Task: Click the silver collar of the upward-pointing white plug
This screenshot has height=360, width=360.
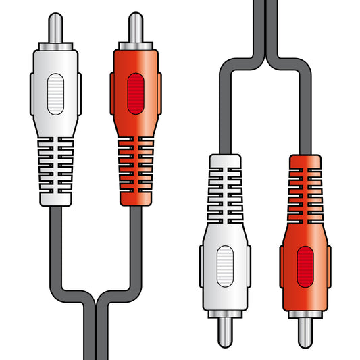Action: pyautogui.click(x=55, y=46)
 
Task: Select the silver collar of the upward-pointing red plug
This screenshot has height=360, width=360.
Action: pyautogui.click(x=135, y=46)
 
